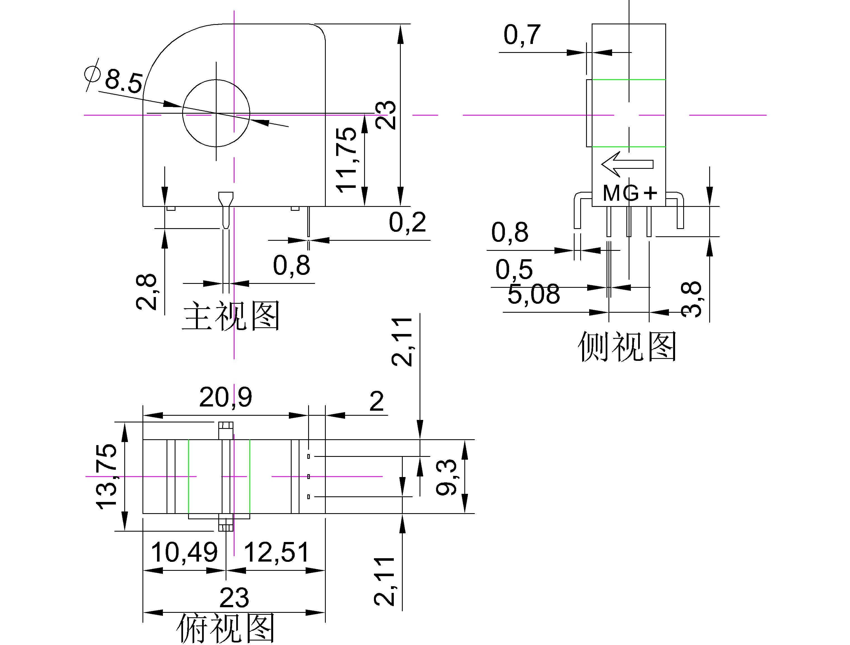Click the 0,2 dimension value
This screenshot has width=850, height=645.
[407, 222]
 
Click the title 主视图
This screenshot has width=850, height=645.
[231, 316]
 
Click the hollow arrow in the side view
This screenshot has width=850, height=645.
[627, 164]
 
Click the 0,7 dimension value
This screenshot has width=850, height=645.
[522, 35]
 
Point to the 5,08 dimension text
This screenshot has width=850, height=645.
[533, 295]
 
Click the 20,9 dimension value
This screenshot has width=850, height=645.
[226, 398]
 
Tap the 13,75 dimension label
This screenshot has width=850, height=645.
[106, 477]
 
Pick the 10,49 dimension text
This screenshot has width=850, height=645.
[184, 552]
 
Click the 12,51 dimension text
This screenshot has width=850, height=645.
[277, 552]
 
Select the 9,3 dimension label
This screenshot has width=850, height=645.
[446, 477]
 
